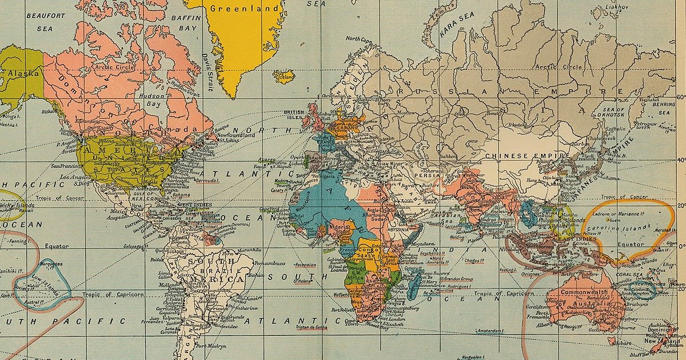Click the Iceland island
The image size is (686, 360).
click(x=284, y=76)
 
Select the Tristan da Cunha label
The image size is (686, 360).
click(x=310, y=328)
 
